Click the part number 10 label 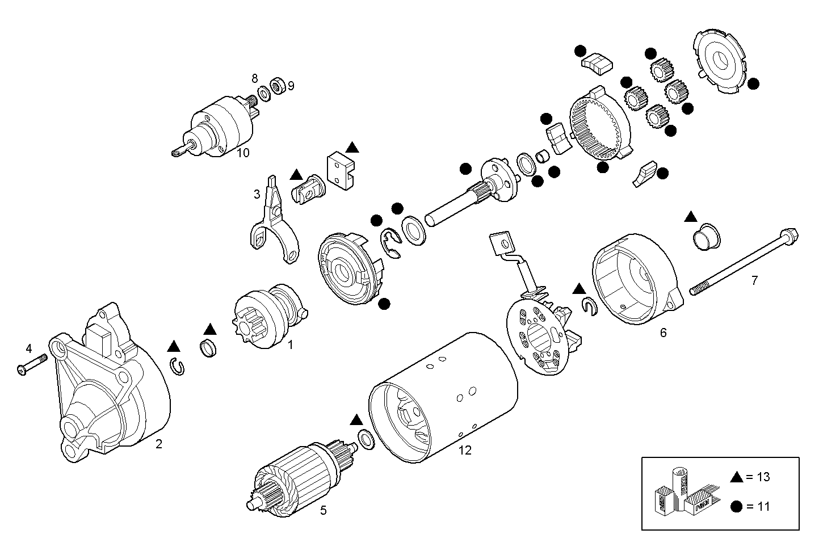[x=243, y=153]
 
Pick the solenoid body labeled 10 [x=221, y=128]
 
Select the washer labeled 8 [x=264, y=93]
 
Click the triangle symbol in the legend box [x=737, y=477]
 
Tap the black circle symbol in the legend [x=737, y=506]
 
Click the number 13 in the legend [x=763, y=477]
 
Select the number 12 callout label [x=465, y=451]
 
